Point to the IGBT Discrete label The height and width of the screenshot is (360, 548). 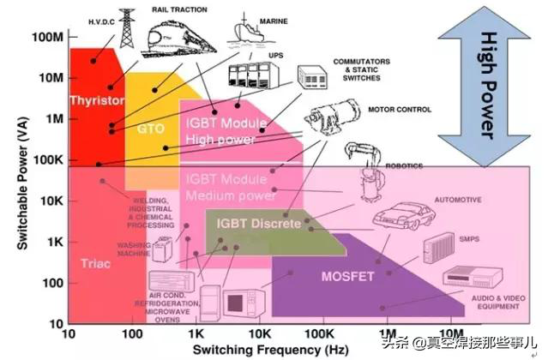[253, 224]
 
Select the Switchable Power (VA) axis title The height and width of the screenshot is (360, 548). [16, 185]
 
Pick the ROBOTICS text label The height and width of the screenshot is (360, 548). [403, 166]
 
